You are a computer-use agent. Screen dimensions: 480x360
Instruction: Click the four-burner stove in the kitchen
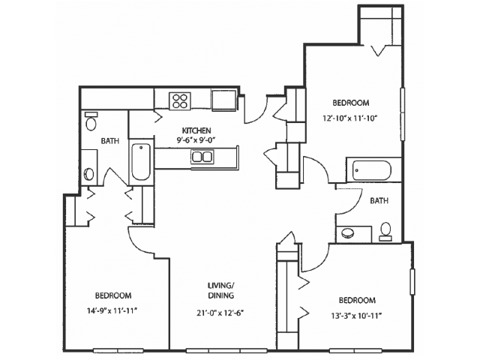[x=180, y=101]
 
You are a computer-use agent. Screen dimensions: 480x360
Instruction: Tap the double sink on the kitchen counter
[x=202, y=157]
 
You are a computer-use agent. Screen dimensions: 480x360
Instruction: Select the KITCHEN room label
[x=196, y=130]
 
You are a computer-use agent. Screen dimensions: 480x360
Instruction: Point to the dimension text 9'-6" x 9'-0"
[x=196, y=140]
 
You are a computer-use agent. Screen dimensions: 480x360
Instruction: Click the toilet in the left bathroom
[x=91, y=121]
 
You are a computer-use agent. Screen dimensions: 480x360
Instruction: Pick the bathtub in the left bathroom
[x=141, y=162]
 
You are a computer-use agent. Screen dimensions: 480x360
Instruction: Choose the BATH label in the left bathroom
[x=110, y=141]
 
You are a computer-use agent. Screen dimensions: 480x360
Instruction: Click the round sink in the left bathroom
[x=89, y=173]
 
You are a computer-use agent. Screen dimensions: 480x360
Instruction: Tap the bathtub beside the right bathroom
[x=372, y=170]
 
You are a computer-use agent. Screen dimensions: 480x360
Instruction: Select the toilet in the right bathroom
[x=385, y=232]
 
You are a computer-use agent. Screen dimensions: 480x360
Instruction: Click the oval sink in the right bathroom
[x=347, y=232]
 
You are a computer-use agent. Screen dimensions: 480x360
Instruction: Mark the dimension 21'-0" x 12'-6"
[x=220, y=313]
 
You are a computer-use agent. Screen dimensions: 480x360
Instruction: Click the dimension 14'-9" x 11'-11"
[x=112, y=311]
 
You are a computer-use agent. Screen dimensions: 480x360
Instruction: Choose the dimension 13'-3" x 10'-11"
[x=357, y=316]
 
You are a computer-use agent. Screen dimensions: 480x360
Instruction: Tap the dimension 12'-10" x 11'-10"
[x=349, y=118]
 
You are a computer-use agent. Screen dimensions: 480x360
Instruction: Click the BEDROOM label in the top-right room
[x=351, y=103]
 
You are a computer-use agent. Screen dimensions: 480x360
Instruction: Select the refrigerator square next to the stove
[x=223, y=100]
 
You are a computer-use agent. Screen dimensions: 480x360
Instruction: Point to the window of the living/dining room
[x=226, y=351]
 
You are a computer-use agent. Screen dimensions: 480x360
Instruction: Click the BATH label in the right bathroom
[x=379, y=201]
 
